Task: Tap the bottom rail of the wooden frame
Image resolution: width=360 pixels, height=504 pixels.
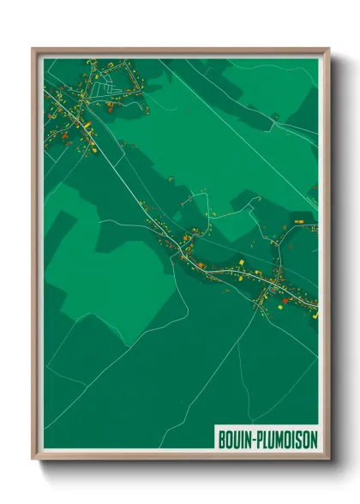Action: click(x=181, y=455)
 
